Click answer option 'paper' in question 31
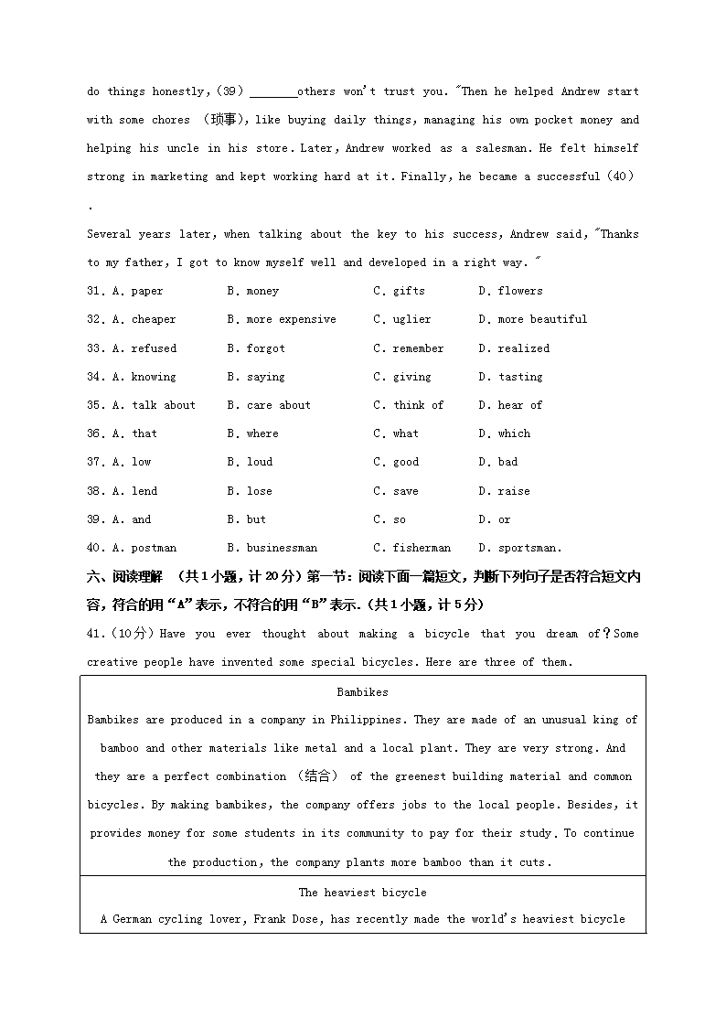tap(146, 291)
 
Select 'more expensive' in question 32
tap(291, 319)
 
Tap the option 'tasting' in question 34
tap(520, 377)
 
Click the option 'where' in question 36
tap(262, 433)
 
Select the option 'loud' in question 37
tap(259, 462)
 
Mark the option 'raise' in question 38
tap(513, 491)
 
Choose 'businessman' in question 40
tap(282, 548)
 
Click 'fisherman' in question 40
tap(422, 548)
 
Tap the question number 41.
tap(96, 634)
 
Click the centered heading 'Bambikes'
tap(362, 692)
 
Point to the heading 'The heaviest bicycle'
tap(362, 892)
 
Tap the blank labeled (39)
tap(272, 91)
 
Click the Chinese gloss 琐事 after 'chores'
tap(222, 120)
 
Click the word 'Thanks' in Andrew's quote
tap(619, 234)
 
